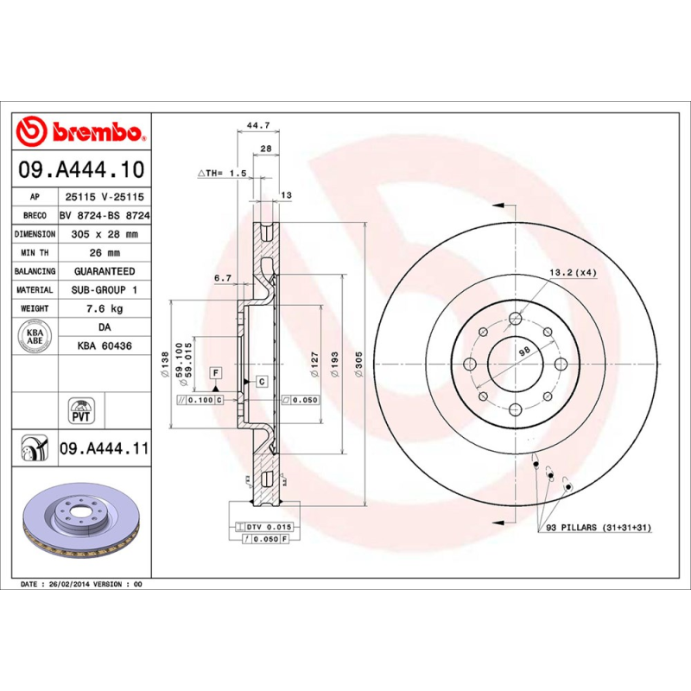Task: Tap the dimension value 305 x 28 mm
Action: [x=103, y=234]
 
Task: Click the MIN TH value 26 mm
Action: [x=103, y=253]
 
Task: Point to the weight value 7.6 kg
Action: [x=104, y=308]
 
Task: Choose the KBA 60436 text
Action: [x=104, y=345]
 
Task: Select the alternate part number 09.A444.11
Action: [x=104, y=449]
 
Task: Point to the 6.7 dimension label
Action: [x=222, y=277]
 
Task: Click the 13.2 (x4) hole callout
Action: [x=573, y=272]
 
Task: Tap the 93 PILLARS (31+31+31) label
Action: [x=596, y=527]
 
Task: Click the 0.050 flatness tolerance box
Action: [x=301, y=400]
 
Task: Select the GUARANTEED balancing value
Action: [x=103, y=271]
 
